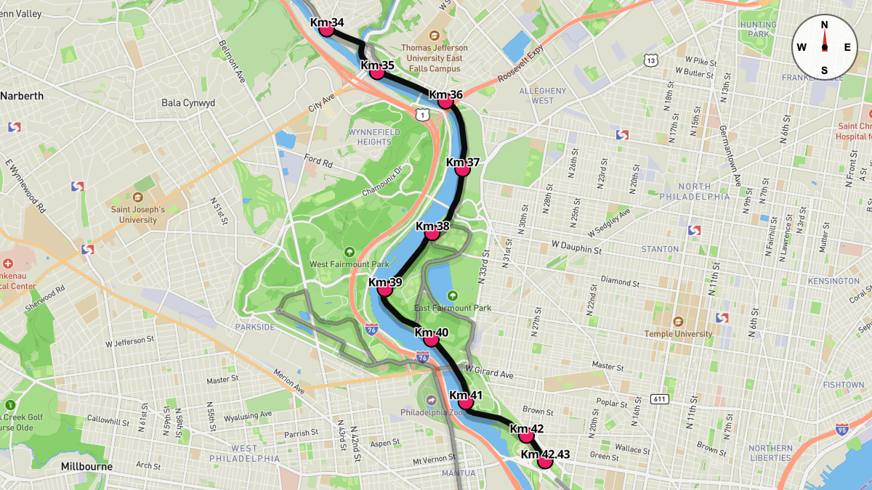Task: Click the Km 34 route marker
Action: [x=326, y=29]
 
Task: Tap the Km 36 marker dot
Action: [x=445, y=102]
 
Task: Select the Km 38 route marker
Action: [x=432, y=233]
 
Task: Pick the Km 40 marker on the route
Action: [x=431, y=339]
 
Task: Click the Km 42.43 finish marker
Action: [x=545, y=461]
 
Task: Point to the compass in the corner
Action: [x=824, y=46]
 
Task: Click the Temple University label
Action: [x=678, y=333]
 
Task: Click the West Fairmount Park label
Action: [x=350, y=264]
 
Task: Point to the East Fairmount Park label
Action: [x=453, y=307]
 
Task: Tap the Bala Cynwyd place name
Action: [x=188, y=103]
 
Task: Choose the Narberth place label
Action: [x=22, y=96]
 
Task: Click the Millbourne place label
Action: [x=86, y=466]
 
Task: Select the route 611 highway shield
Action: [x=660, y=399]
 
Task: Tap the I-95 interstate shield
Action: [x=842, y=430]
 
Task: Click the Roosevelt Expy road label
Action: [x=520, y=70]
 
